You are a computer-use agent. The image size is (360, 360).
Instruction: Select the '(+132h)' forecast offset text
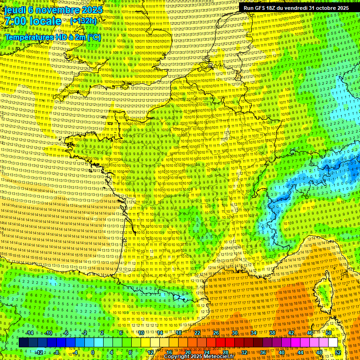(83, 21)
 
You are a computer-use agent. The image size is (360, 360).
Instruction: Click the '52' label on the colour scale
(338, 352)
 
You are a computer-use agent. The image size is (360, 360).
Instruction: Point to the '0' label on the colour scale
(93, 352)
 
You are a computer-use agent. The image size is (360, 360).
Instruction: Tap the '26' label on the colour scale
(216, 333)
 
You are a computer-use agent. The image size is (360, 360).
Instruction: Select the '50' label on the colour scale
(329, 333)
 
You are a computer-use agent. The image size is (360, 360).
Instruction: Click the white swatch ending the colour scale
(333, 343)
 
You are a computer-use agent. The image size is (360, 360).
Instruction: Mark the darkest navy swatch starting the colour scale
(24, 343)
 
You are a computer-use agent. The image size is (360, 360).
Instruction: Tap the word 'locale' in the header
(46, 21)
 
